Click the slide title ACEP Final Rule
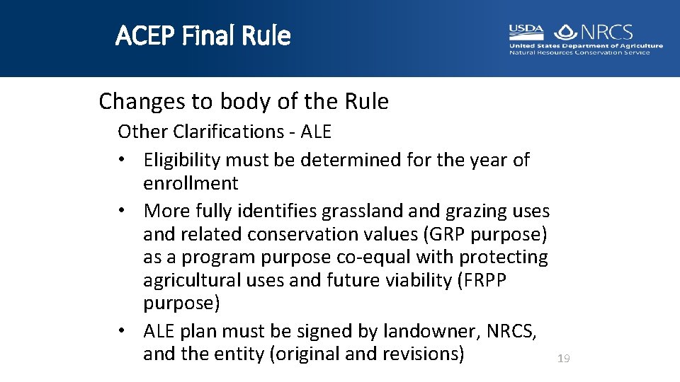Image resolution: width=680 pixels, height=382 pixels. click(x=203, y=35)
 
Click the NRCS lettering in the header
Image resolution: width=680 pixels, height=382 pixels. click(x=606, y=32)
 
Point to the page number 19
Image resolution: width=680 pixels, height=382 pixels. click(x=563, y=359)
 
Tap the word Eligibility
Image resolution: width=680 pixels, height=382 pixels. click(x=183, y=161)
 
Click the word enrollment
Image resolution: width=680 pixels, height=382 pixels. click(x=191, y=183)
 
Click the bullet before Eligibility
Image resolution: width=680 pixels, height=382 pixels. click(x=123, y=161)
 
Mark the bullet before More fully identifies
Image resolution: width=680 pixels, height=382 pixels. click(x=123, y=211)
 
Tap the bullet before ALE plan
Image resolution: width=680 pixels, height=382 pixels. click(x=123, y=330)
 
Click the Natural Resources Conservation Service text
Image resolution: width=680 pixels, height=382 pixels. click(x=579, y=52)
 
